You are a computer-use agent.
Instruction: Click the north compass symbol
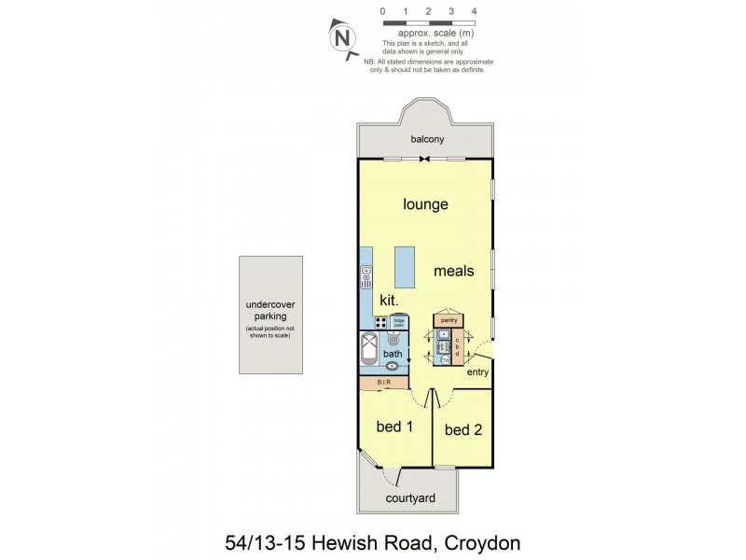(x=342, y=39)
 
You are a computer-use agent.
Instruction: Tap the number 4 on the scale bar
(x=475, y=11)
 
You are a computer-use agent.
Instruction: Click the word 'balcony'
(x=427, y=140)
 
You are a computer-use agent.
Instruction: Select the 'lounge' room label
(x=425, y=204)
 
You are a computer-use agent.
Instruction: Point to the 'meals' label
(x=454, y=272)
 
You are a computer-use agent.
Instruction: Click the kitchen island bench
(x=405, y=268)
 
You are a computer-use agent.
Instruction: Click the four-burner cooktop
(x=381, y=322)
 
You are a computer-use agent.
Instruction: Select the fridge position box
(x=398, y=322)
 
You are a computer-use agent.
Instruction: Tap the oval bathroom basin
(x=393, y=367)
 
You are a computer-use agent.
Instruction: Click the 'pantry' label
(x=448, y=320)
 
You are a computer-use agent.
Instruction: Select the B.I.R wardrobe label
(x=383, y=383)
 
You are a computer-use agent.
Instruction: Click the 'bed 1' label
(x=394, y=427)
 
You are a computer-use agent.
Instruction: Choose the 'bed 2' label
(x=463, y=430)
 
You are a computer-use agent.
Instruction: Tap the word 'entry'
(x=477, y=372)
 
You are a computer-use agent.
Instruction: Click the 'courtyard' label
(x=411, y=498)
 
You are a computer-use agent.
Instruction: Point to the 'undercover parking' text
(x=269, y=310)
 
